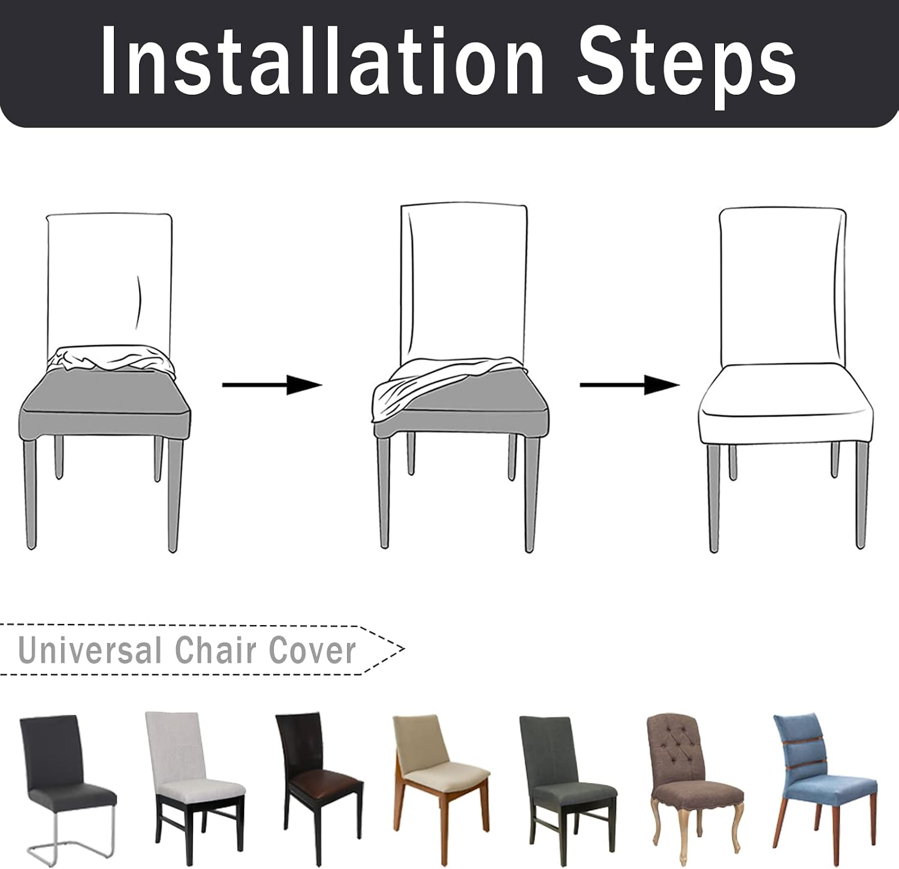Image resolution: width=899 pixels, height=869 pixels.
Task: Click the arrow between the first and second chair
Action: click(272, 384)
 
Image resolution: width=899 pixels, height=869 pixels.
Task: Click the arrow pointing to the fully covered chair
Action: click(629, 384)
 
